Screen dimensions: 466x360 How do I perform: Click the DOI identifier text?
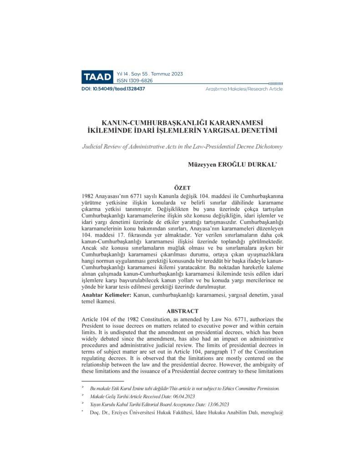coord(113,89)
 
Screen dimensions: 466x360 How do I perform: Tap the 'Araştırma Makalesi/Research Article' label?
coord(244,89)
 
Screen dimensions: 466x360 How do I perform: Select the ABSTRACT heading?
coord(182,311)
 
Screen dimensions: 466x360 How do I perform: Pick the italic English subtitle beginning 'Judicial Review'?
coord(182,147)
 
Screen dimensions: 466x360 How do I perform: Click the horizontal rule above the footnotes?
coord(102,381)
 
